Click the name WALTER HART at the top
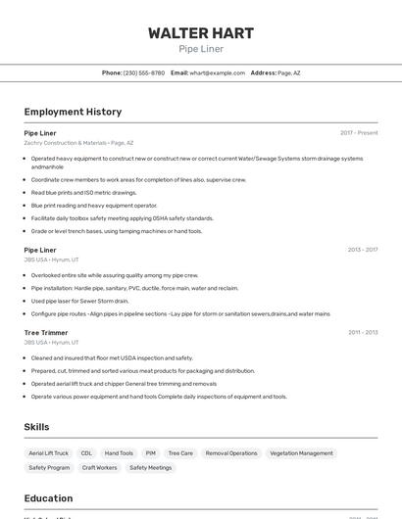click(x=201, y=32)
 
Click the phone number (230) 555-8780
click(x=143, y=72)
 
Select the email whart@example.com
click(x=217, y=72)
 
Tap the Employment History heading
click(x=73, y=112)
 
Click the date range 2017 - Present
click(x=359, y=132)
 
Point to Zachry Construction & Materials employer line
click(x=78, y=143)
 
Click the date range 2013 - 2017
click(x=362, y=250)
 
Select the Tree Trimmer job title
click(x=46, y=332)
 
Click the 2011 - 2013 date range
click(x=362, y=332)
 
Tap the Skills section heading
click(x=36, y=427)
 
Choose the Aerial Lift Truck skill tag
click(x=49, y=453)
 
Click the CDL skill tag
click(x=86, y=453)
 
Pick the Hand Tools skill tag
click(x=119, y=453)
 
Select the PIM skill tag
click(x=151, y=453)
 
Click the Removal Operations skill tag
click(x=231, y=453)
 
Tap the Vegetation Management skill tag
click(x=301, y=453)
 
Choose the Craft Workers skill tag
click(x=99, y=468)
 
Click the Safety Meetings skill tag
click(x=150, y=468)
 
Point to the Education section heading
click(x=48, y=498)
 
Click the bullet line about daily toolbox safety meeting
click(x=122, y=218)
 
